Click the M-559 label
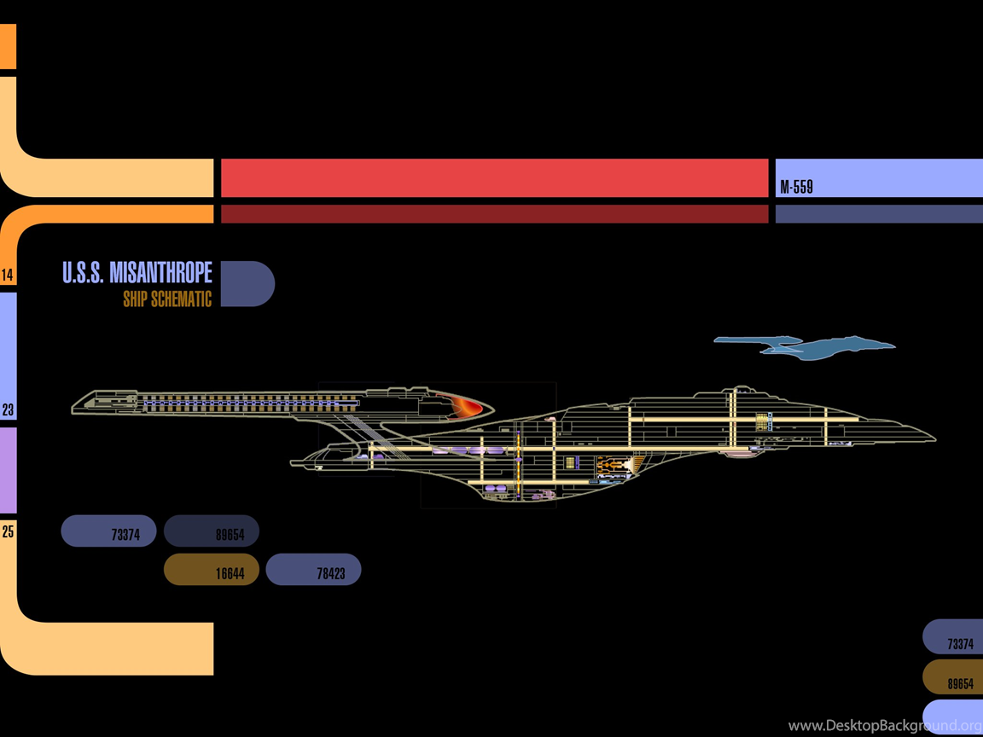pyautogui.click(x=796, y=187)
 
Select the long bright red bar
pyautogui.click(x=495, y=178)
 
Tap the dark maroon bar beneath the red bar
pyautogui.click(x=495, y=214)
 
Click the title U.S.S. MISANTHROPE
pyautogui.click(x=137, y=273)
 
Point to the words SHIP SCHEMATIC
pyautogui.click(x=167, y=299)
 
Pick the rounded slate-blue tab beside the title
pyautogui.click(x=247, y=284)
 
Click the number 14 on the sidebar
pyautogui.click(x=7, y=275)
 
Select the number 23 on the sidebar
pyautogui.click(x=8, y=409)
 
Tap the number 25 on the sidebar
pyautogui.click(x=8, y=531)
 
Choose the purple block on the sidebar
pyautogui.click(x=9, y=470)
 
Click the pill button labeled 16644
pyautogui.click(x=212, y=569)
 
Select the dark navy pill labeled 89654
pyautogui.click(x=212, y=531)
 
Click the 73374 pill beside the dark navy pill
pyautogui.click(x=108, y=531)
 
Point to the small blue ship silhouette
pyautogui.click(x=805, y=348)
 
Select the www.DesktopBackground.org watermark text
pyautogui.click(x=885, y=726)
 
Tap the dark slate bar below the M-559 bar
pyautogui.click(x=879, y=214)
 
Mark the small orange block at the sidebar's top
pyautogui.click(x=9, y=46)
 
